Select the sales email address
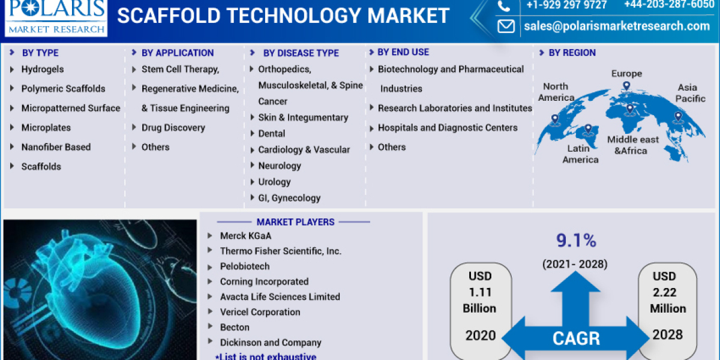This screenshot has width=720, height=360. [616, 26]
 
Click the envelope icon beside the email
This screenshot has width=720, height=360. [506, 26]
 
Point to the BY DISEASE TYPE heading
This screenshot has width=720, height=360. [301, 53]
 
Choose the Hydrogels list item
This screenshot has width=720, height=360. [42, 69]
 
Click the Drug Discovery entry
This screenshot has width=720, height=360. [173, 127]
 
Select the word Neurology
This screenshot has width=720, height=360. [280, 166]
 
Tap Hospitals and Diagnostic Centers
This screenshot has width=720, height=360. [447, 127]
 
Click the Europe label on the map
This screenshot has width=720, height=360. [626, 74]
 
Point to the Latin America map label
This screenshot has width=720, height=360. [580, 154]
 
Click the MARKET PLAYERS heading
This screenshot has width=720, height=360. [295, 222]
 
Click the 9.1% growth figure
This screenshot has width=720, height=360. [575, 241]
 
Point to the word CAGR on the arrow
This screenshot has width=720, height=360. [575, 338]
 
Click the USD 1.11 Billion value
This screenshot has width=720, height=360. [479, 292]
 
